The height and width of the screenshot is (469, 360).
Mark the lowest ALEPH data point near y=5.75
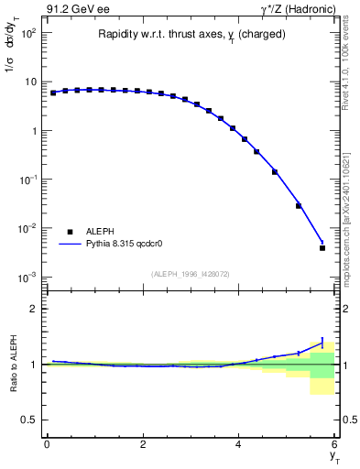[322, 247]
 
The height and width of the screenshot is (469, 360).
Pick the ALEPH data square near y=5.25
[299, 205]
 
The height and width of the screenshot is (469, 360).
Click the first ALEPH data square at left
[53, 93]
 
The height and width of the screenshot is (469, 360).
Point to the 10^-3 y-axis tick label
[27, 277]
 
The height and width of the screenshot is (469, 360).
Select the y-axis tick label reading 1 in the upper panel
[34, 131]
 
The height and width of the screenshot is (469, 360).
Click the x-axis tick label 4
[239, 444]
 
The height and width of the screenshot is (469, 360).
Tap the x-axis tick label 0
[47, 444]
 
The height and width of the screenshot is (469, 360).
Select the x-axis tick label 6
[335, 444]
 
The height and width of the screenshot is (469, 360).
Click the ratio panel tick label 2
[34, 309]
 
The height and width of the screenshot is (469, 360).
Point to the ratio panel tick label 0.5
[29, 420]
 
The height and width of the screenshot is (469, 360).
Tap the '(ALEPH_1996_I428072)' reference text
[190, 274]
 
